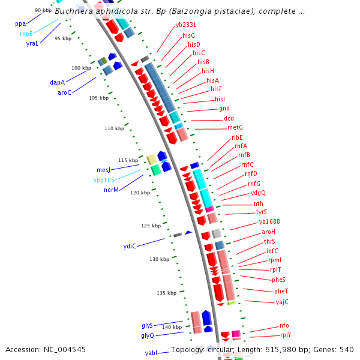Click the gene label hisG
188,36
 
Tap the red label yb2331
186,25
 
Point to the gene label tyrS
262,212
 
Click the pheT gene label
281,291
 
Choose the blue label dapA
57,82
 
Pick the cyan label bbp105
104,180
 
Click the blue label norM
111,190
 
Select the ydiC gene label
130,246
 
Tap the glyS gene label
148,325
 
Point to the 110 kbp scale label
114,128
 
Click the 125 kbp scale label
151,226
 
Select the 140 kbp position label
172,327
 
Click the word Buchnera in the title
75,11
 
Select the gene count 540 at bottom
347,349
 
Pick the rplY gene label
286,335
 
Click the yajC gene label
282,302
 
